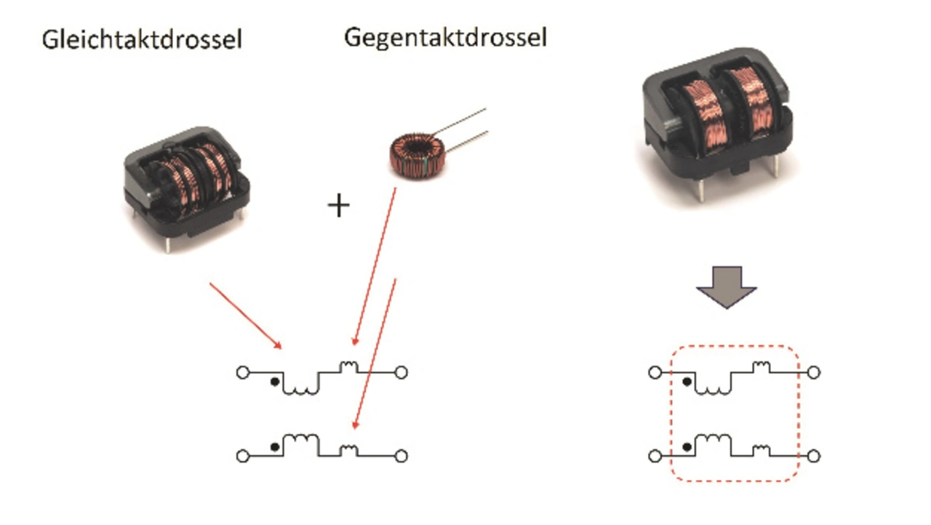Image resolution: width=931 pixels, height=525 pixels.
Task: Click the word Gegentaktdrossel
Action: click(445, 37)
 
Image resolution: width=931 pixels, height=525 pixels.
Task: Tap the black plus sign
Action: click(338, 207)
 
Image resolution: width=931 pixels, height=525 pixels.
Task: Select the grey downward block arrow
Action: click(726, 287)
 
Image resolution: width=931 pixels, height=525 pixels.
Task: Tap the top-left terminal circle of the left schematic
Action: click(242, 372)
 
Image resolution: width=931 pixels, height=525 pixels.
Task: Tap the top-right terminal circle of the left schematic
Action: click(401, 372)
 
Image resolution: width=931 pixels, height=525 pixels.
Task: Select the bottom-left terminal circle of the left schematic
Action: click(242, 456)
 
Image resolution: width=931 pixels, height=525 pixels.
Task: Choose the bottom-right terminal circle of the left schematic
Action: click(401, 456)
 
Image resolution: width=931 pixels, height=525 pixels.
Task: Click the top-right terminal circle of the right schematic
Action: click(814, 372)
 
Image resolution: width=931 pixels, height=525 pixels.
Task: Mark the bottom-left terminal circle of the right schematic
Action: click(655, 456)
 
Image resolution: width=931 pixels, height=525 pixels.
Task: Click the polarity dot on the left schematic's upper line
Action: click(273, 382)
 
